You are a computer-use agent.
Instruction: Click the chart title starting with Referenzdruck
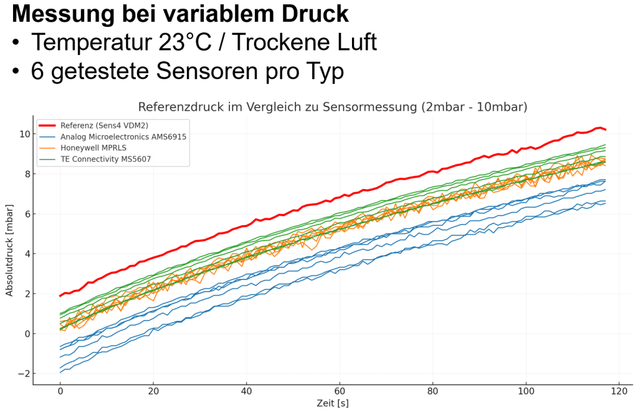click(333, 107)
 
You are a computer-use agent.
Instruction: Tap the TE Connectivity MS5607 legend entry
click(105, 159)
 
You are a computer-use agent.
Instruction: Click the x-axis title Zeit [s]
click(333, 403)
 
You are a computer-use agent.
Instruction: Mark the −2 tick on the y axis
click(22, 374)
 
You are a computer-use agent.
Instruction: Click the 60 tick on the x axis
click(340, 392)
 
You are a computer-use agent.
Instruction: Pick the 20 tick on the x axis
click(153, 392)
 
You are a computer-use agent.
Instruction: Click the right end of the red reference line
click(605, 130)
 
